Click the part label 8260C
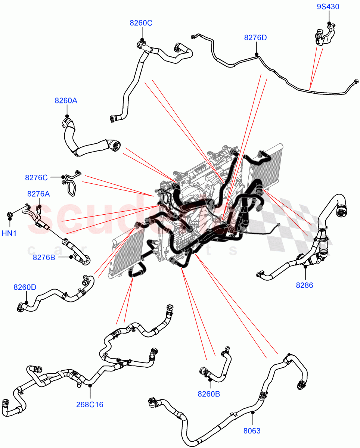pos(141,23)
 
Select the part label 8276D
pos(255,38)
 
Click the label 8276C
pos(36,178)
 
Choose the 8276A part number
pos(38,194)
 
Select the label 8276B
pos(44,257)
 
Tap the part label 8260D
pos(25,287)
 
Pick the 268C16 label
pos(90,404)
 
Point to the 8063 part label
pos(252,431)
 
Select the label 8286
pos(305,285)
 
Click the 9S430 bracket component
pos(323,36)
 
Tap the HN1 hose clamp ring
pos(10,215)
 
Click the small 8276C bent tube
pos(70,183)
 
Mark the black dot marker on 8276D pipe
pos(257,54)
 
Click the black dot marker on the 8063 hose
pos(253,412)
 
